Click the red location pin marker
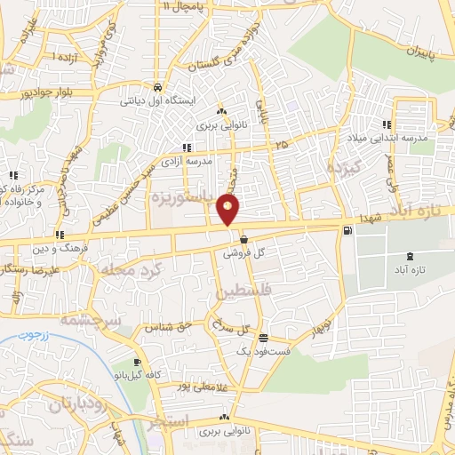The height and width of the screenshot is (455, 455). [x=228, y=210]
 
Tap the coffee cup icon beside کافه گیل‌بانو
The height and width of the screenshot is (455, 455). [x=138, y=362]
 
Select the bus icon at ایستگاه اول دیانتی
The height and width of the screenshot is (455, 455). [x=157, y=88]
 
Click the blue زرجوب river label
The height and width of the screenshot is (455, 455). [x=34, y=337]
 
